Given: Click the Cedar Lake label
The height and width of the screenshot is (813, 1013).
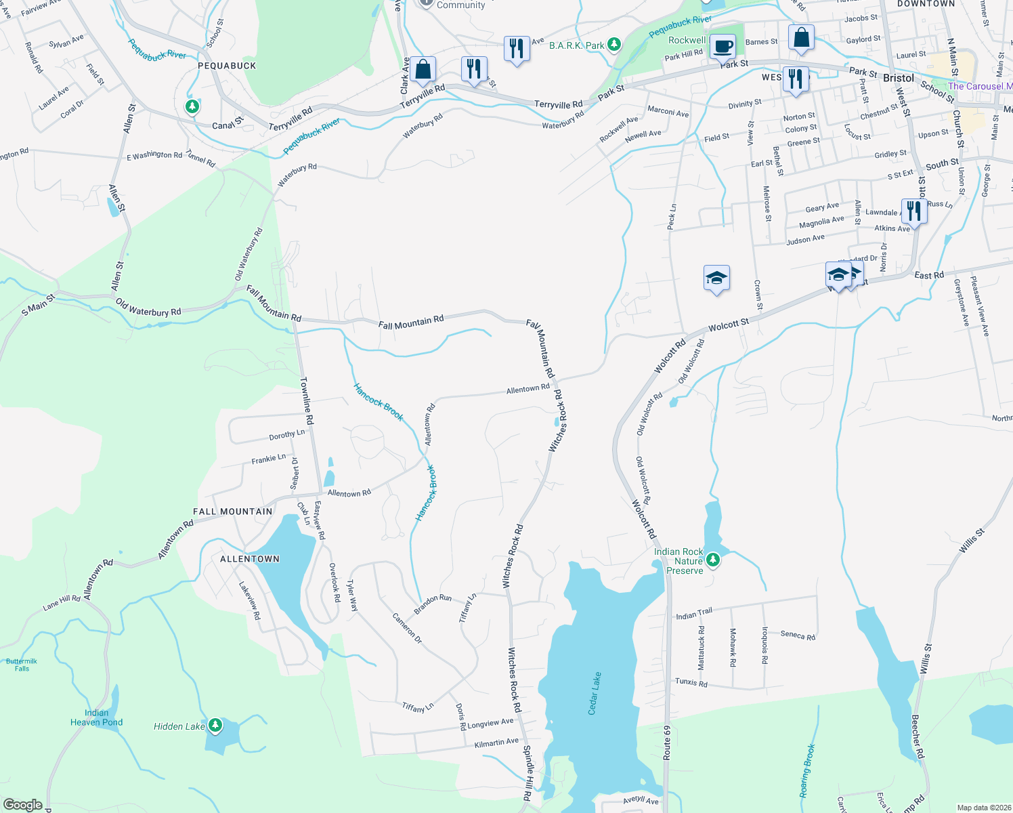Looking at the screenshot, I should [594, 693].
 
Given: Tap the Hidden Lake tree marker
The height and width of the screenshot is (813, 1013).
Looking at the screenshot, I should [215, 726].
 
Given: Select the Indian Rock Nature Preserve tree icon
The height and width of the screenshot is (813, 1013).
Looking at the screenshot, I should [712, 560].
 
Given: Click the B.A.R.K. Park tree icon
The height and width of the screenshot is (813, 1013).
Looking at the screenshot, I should [613, 45].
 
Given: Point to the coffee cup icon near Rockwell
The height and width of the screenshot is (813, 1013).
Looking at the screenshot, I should [723, 46].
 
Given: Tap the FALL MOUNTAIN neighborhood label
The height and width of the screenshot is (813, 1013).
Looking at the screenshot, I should [232, 512].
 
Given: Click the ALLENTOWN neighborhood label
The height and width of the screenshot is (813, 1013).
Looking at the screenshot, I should [250, 559].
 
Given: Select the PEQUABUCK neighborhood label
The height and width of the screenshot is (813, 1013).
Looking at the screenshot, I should [227, 66].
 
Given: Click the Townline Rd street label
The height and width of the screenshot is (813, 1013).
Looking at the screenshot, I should [307, 401].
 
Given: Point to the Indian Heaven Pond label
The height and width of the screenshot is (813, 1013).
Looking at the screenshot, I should [96, 717].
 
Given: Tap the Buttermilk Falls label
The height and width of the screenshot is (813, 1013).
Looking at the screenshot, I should [22, 665].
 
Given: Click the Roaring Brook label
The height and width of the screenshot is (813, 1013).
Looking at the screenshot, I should [807, 771].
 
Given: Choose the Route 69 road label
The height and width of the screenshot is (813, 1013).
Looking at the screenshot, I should [667, 742].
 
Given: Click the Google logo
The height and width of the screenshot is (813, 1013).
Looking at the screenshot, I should [22, 805].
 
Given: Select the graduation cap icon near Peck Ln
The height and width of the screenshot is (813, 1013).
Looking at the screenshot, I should [716, 278].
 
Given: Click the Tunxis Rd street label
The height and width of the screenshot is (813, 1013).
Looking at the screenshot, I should [691, 682].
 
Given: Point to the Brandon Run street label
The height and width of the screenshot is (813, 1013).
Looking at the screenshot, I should [433, 604].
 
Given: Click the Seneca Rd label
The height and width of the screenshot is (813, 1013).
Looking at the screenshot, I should [798, 635].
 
